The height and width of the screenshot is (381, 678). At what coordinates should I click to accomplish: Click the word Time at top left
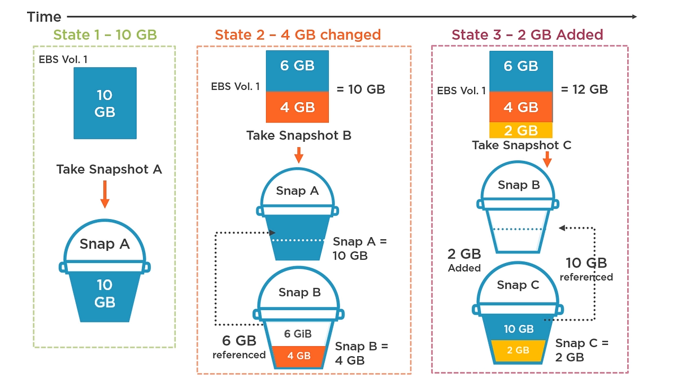(x=44, y=17)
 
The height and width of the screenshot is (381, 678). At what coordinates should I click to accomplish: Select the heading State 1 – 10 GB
(x=105, y=35)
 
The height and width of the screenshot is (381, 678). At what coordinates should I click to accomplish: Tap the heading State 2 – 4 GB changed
(x=298, y=35)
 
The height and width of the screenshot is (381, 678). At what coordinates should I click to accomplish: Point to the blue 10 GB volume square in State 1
(x=105, y=103)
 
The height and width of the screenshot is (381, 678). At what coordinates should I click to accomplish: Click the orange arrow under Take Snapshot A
(x=105, y=195)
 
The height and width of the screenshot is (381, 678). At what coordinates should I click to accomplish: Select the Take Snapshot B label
(x=299, y=136)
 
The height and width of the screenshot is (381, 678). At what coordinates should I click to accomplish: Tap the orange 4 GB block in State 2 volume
(x=297, y=107)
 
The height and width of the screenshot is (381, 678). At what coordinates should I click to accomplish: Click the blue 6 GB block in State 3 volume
(x=520, y=67)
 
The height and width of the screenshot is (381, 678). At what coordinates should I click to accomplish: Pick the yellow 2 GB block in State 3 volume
(x=520, y=130)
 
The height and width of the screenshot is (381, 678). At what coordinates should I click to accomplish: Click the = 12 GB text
(x=584, y=89)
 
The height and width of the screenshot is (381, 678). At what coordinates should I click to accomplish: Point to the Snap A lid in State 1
(x=105, y=243)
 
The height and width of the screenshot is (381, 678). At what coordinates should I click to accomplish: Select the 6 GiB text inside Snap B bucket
(x=297, y=334)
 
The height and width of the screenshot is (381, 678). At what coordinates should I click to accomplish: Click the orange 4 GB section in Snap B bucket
(x=297, y=356)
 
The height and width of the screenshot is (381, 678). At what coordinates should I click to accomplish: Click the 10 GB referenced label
(x=586, y=269)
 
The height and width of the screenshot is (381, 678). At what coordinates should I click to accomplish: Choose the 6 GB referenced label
(x=239, y=347)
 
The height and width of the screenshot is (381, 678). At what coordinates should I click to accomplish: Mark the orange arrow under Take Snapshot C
(x=546, y=160)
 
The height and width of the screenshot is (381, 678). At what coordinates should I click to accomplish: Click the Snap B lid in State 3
(x=519, y=185)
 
